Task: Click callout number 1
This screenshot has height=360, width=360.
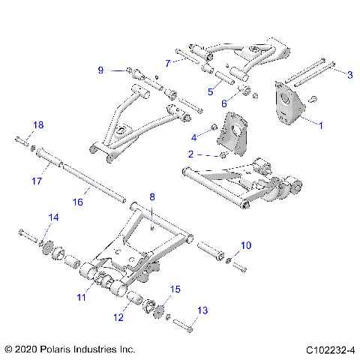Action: coord(321,126)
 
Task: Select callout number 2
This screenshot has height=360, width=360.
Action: coord(190,153)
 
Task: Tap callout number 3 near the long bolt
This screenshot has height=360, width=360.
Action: coord(349,73)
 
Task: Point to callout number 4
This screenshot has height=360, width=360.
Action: coord(193,136)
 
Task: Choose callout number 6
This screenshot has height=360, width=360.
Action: coord(223,103)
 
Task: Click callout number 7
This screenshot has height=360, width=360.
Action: coord(168,62)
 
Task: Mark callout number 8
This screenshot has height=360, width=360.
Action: coord(152,197)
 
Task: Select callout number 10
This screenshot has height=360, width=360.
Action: coord(247,245)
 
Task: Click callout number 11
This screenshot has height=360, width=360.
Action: coord(81,298)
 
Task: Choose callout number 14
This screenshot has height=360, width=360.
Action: coord(53,217)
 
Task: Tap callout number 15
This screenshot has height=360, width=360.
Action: coord(176,289)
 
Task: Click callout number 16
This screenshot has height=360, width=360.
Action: coord(77,202)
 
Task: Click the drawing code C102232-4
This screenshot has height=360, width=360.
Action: coord(330,349)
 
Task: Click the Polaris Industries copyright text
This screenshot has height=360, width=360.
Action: coord(70,349)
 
